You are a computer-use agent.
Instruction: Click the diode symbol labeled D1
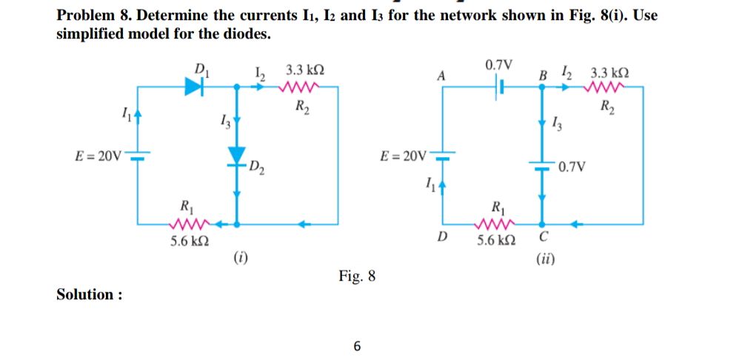pos(194,87)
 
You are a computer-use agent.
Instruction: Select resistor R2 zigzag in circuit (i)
pos(300,87)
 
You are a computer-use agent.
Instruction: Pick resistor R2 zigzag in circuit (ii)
pos(606,87)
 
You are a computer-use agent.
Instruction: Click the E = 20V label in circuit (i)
pos(98,156)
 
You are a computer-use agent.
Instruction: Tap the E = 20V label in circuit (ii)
pos(403,156)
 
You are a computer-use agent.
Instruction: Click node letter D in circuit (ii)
pos(442,238)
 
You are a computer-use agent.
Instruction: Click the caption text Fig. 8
pos(357,277)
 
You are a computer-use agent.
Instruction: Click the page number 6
pos(358,346)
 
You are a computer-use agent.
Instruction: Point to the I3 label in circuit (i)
pos(225,122)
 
